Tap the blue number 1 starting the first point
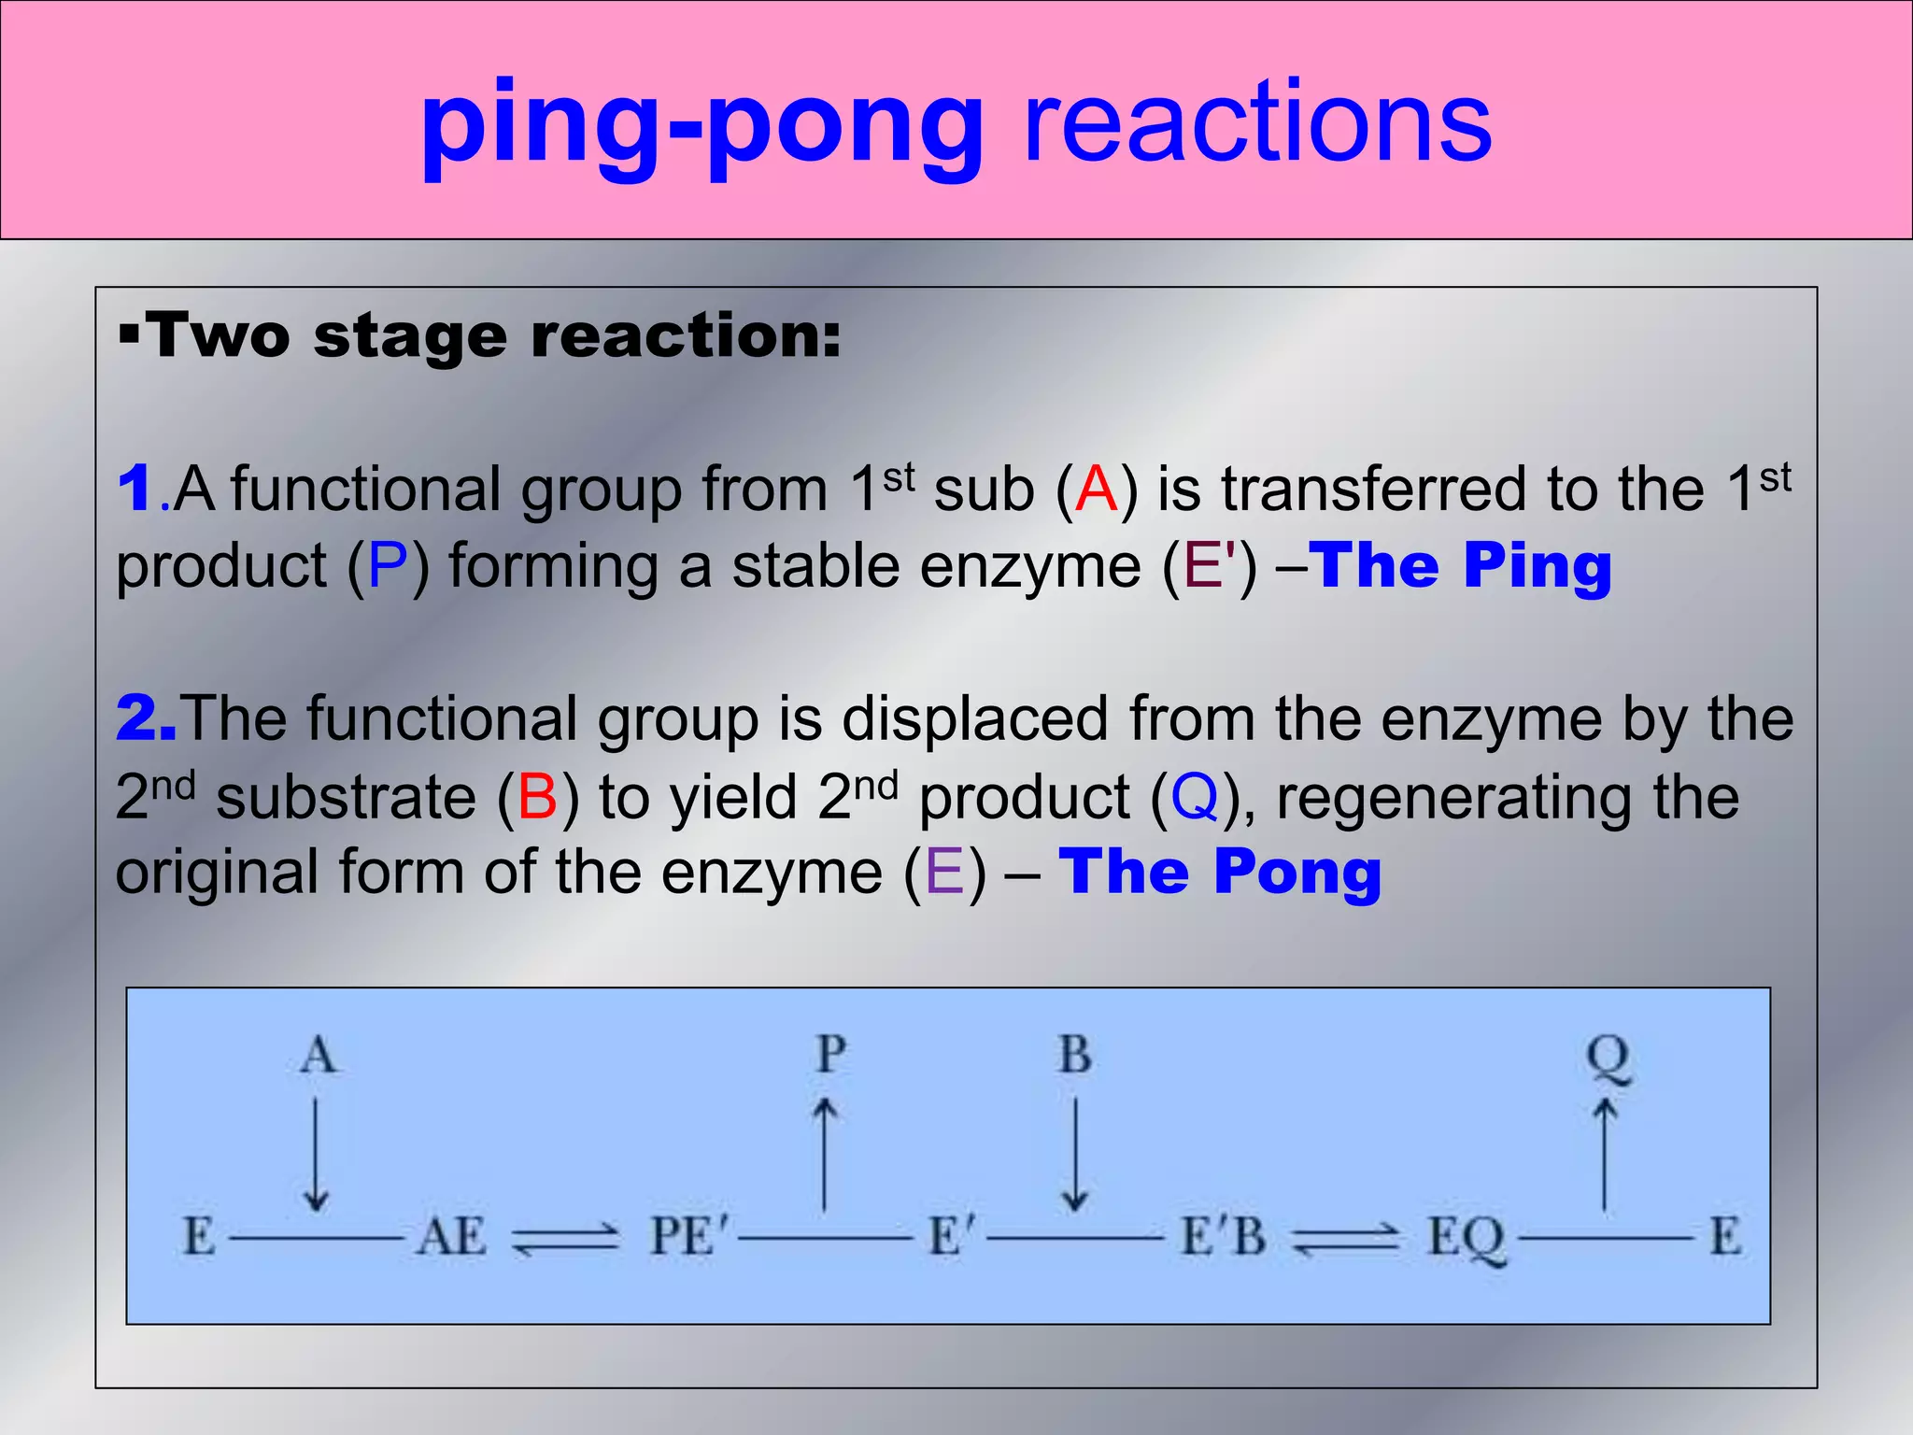(x=136, y=489)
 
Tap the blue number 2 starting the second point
(x=143, y=718)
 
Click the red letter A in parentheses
(x=1097, y=489)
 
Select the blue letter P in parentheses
(x=388, y=566)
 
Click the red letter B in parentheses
(x=537, y=797)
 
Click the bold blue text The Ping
(x=1462, y=566)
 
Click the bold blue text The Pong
(x=1220, y=872)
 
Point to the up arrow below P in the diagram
(x=825, y=1154)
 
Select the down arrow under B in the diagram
(x=1075, y=1154)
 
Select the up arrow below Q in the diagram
(x=1605, y=1154)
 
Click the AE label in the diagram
(x=452, y=1237)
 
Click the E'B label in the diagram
(x=1224, y=1237)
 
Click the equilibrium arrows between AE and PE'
(x=566, y=1239)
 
